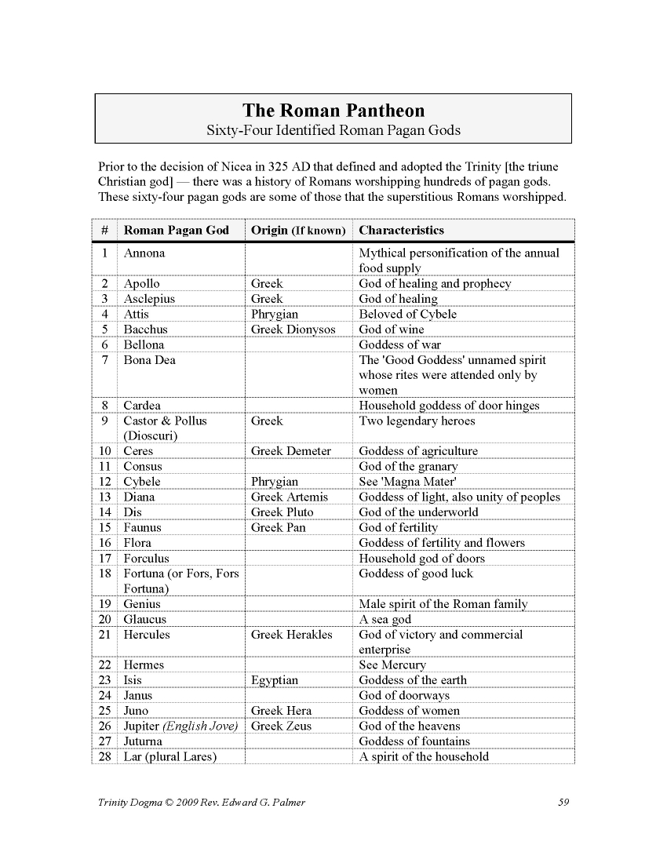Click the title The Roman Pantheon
point(333,111)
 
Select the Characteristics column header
point(401,230)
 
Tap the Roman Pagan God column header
point(176,230)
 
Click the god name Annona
point(144,253)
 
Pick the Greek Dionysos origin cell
point(293,330)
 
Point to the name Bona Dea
point(149,360)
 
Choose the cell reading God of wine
point(391,330)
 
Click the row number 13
point(105,497)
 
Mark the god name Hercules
point(147,635)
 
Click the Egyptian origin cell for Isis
point(274,680)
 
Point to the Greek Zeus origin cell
point(281,726)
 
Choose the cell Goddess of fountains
point(414,741)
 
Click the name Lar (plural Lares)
point(169,756)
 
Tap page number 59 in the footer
point(563,801)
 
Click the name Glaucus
point(145,620)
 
